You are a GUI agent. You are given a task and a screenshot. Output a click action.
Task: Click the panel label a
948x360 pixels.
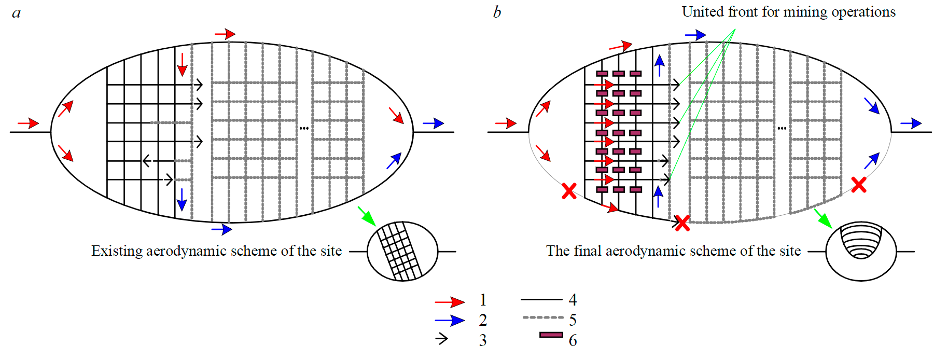17,13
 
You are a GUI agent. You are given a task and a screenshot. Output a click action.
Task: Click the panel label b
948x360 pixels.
497,12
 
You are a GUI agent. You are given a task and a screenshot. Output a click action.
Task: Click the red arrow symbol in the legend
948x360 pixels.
450,302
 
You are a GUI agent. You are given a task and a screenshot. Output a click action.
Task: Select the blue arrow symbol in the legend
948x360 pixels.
450,321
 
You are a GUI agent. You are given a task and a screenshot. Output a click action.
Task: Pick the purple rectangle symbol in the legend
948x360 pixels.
551,335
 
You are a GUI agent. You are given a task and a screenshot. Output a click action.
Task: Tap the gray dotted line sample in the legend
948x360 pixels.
543,317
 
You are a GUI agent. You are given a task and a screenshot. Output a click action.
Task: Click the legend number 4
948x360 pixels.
573,300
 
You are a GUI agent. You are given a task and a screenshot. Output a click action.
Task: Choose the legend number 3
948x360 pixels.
483,340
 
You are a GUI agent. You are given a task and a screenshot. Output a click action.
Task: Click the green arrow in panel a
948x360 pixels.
367,216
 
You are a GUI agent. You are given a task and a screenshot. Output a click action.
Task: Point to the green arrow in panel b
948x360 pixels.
823,218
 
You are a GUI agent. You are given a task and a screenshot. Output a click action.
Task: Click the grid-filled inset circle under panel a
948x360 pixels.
402,252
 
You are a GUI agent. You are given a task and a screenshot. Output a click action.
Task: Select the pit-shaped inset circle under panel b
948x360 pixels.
861,252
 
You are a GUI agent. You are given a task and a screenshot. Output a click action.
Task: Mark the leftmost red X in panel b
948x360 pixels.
569,191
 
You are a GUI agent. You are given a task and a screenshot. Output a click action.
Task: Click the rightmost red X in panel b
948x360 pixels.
859,185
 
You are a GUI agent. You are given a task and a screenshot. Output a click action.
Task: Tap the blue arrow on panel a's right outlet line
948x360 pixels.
434,123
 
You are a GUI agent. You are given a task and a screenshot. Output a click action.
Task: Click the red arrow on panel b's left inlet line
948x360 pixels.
506,123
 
